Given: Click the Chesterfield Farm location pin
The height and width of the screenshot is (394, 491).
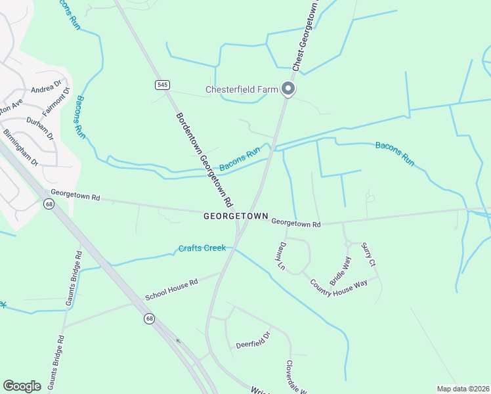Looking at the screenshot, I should [x=288, y=89].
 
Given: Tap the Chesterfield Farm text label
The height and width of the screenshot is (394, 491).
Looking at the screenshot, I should [x=242, y=89].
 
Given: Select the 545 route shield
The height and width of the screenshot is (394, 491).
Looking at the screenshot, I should [x=162, y=85].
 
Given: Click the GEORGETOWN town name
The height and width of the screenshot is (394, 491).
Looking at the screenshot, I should [x=236, y=215].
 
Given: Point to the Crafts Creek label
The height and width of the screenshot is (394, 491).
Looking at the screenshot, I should [x=202, y=248].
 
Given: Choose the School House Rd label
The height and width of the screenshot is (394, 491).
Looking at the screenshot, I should [x=171, y=290].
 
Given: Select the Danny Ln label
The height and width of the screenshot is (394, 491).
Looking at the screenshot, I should [x=281, y=257].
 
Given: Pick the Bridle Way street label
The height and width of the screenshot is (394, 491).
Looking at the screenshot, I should [x=340, y=270].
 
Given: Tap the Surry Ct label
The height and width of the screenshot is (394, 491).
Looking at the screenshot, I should [x=368, y=253].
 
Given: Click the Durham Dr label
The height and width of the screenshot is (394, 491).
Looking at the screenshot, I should [x=40, y=126].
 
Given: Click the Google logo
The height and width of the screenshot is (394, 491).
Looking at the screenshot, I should [x=22, y=385].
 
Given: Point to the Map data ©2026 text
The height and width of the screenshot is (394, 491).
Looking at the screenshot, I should [x=463, y=389].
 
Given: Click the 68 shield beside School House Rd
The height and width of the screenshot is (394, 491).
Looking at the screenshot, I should [x=150, y=318].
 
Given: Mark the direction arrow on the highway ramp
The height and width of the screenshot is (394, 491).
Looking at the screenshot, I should [x=177, y=341].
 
